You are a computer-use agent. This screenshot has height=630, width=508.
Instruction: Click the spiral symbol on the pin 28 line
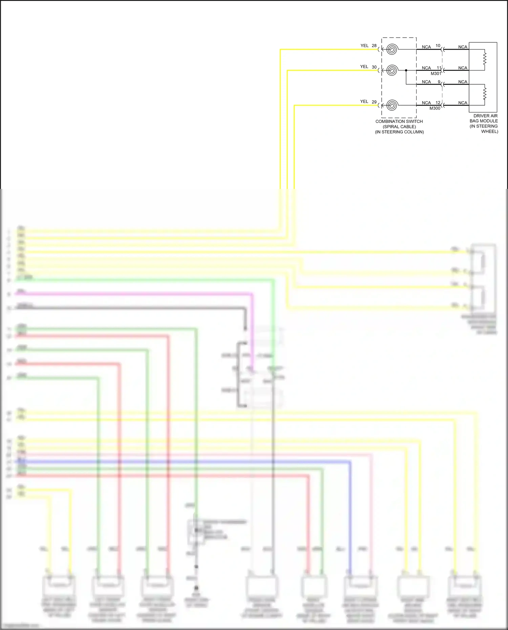[392, 49]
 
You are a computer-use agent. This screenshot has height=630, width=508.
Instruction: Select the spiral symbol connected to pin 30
[392, 70]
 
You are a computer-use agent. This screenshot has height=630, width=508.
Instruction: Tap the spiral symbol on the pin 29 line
[392, 105]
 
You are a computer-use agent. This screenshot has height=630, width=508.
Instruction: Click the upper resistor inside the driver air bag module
[485, 58]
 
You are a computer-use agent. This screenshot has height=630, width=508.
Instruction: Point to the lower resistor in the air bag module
[485, 93]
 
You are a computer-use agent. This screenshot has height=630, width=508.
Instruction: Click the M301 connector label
[436, 73]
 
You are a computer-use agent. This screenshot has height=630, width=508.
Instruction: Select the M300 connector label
[435, 108]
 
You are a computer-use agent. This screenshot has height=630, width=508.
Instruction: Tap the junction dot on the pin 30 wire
[406, 70]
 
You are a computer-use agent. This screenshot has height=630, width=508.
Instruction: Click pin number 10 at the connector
[438, 46]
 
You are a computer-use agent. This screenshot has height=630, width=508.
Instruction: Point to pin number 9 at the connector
[439, 82]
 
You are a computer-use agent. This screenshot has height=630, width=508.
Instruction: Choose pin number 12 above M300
[438, 103]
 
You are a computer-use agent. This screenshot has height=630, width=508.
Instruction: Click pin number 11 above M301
[439, 68]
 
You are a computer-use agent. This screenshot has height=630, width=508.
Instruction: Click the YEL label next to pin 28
[364, 46]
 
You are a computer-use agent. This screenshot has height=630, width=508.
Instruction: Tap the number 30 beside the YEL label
[374, 67]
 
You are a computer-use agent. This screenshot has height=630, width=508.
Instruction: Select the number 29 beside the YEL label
[374, 102]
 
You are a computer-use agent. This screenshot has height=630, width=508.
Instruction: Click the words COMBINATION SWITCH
[399, 121]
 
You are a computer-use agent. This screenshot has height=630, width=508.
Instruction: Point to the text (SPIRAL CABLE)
[399, 127]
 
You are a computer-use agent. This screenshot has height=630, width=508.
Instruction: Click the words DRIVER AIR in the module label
[485, 116]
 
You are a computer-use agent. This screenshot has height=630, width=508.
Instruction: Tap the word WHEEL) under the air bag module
[489, 131]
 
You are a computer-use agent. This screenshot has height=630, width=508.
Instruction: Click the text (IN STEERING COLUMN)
[399, 132]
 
